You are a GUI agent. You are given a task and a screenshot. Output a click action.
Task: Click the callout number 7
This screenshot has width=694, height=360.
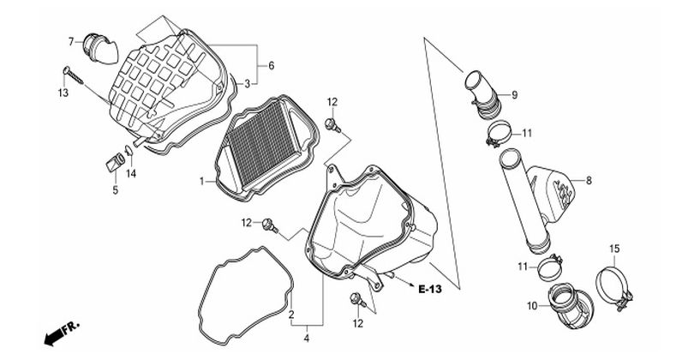(71, 42)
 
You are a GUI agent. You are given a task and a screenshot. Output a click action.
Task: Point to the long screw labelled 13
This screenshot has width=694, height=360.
(73, 75)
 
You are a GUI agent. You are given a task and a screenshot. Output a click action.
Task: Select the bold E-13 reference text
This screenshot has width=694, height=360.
(430, 289)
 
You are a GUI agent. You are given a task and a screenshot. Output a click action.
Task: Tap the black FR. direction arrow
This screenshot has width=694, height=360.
(54, 338)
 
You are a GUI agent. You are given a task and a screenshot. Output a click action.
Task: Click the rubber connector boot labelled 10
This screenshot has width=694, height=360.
(567, 305)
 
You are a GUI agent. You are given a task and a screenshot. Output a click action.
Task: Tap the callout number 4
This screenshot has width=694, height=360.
(306, 339)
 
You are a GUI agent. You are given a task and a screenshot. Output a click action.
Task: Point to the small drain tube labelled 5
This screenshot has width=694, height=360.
(115, 162)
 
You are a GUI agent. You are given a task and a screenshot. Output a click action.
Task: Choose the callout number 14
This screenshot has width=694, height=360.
(130, 174)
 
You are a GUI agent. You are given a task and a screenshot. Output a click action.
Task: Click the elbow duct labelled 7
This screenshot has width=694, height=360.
(101, 48)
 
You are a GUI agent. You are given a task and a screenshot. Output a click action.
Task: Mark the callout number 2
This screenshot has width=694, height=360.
(291, 315)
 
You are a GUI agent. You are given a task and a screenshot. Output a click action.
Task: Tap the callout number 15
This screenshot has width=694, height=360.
(614, 249)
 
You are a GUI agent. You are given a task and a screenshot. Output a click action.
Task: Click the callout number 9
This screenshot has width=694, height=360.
(514, 95)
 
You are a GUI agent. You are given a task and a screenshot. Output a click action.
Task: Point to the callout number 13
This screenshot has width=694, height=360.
(63, 93)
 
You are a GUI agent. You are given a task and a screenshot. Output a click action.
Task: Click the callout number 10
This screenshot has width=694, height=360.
(532, 305)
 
